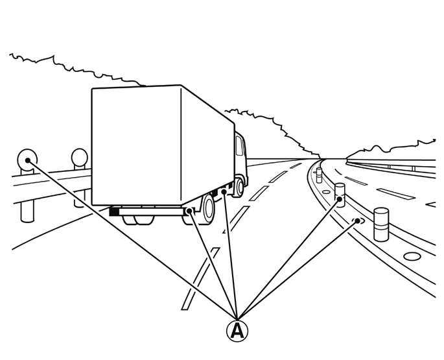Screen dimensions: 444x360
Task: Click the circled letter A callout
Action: point(237,331)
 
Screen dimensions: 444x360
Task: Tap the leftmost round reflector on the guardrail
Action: point(27,160)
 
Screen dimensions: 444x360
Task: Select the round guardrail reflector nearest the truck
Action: point(80,157)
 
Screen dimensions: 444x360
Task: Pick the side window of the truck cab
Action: point(239,145)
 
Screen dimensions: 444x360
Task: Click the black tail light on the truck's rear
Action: point(114,211)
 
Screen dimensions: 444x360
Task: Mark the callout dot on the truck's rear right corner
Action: point(189,211)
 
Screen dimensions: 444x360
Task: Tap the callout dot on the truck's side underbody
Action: point(224,192)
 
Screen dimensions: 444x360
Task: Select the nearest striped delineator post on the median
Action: point(381,224)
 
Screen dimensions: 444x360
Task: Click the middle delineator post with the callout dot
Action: point(340,195)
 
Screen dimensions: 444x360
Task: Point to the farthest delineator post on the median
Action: point(319,175)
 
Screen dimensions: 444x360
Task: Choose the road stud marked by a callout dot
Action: point(357,221)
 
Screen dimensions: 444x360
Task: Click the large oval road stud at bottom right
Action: point(412,256)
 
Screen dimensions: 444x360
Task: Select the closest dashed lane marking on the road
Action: point(200,279)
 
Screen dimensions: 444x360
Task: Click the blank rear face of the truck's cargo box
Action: point(136,145)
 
